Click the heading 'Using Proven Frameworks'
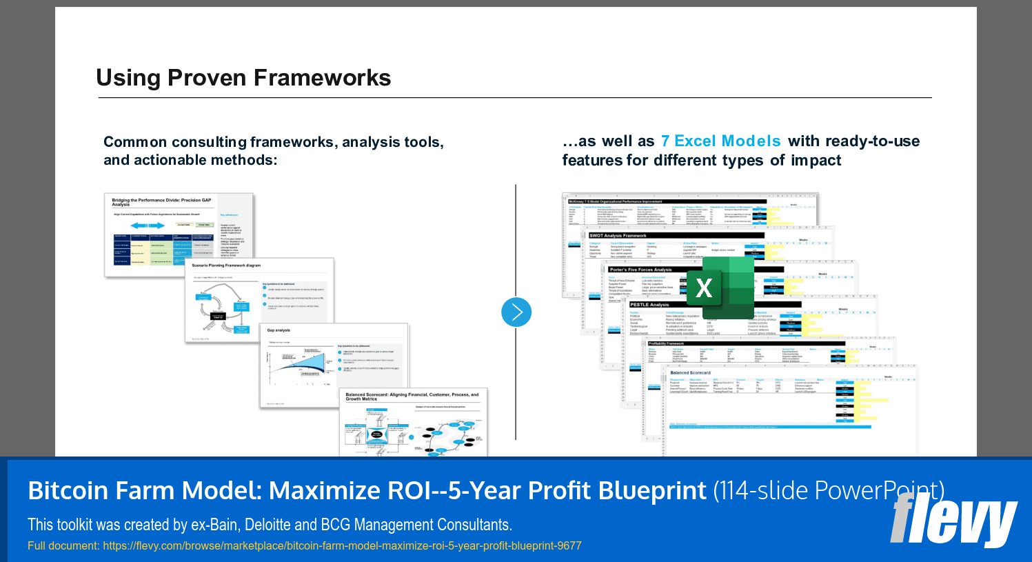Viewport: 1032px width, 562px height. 243,78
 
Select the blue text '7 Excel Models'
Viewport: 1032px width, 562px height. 720,141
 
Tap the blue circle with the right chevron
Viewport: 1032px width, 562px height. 516,312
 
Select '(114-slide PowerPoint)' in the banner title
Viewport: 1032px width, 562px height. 828,491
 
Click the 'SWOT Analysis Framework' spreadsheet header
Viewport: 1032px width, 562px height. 618,236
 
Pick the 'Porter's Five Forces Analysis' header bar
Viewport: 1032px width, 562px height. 640,270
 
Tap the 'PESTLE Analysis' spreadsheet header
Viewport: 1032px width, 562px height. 649,304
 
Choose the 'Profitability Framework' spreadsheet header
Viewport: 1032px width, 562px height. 666,343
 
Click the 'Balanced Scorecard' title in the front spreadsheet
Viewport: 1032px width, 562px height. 690,372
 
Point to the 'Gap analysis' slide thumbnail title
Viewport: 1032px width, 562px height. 279,330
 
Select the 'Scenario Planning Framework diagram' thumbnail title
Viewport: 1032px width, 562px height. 226,265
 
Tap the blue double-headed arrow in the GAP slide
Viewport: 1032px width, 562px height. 148,225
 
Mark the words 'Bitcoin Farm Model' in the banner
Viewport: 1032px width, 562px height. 144,491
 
